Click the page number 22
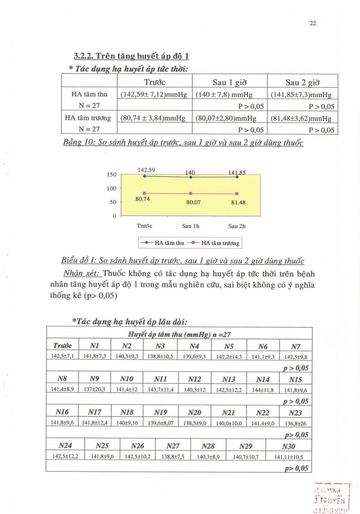click(312, 24)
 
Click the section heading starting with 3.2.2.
click(131, 56)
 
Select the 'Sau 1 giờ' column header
click(229, 82)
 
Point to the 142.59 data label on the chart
click(146, 170)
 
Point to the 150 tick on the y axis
click(111, 175)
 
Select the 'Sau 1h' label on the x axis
click(191, 226)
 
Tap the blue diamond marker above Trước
click(145, 176)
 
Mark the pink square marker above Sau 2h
click(237, 193)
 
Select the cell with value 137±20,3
click(95, 389)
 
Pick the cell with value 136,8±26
click(295, 423)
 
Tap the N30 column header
click(289, 446)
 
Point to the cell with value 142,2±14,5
click(229, 356)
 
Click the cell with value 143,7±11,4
click(161, 389)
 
